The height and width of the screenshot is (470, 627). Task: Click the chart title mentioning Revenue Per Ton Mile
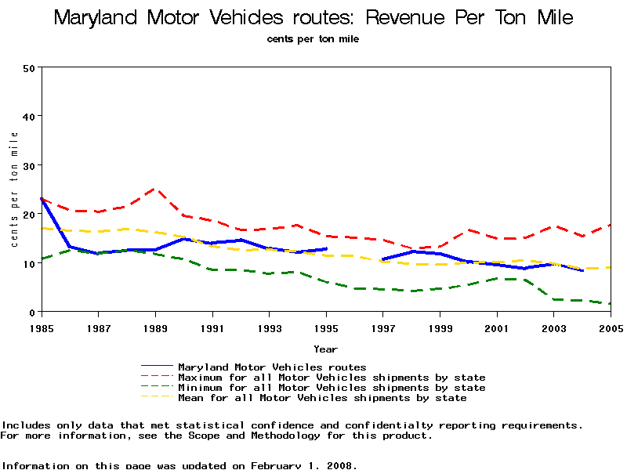point(313,18)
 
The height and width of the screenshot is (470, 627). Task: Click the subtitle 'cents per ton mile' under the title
point(313,38)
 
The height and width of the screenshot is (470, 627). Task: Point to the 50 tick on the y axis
point(29,67)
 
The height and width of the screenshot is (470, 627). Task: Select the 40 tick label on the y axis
point(29,116)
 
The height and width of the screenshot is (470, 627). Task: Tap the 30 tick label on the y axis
point(29,165)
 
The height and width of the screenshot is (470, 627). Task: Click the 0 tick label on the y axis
point(32,313)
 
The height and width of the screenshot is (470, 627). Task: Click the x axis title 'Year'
point(326,349)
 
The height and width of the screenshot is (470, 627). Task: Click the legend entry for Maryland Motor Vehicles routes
point(272,367)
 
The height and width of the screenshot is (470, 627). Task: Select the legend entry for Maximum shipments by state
point(332,378)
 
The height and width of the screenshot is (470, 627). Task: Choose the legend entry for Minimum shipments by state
point(332,388)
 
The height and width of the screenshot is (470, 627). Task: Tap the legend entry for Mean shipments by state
point(322,398)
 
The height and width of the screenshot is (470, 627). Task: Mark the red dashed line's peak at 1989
point(154,189)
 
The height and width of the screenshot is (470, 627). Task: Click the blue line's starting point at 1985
point(41,199)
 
